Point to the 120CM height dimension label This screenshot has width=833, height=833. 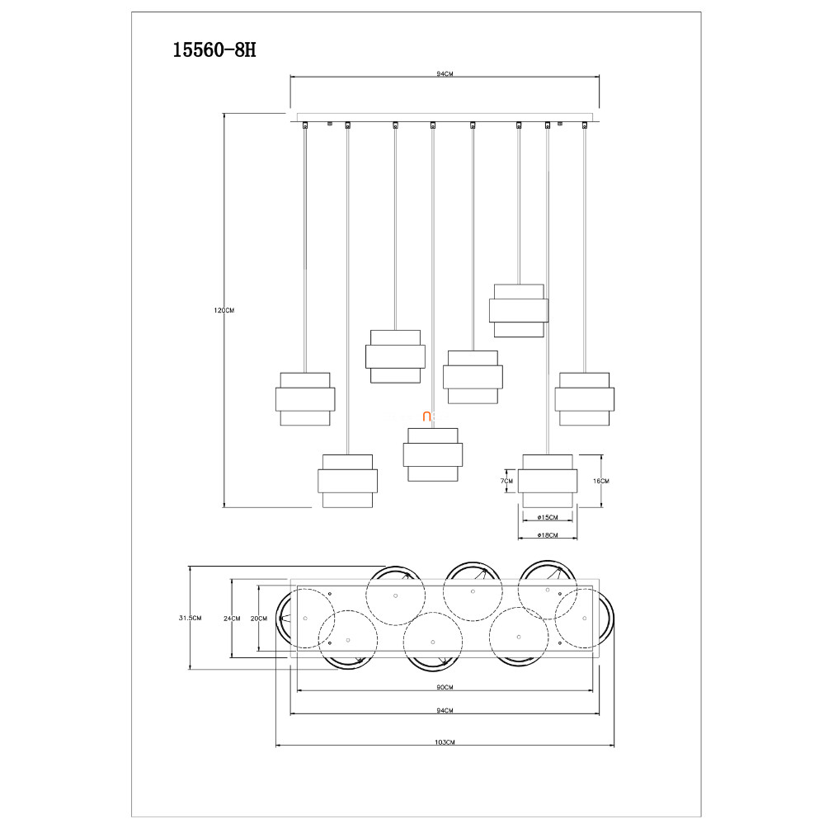[224, 310]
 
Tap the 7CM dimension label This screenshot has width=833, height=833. [506, 481]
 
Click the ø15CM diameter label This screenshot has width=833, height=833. [548, 518]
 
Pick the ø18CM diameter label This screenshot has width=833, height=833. [548, 536]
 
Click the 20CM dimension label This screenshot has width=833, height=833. [259, 618]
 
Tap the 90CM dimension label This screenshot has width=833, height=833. [445, 687]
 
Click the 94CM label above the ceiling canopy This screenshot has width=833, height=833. [445, 74]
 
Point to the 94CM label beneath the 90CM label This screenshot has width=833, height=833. [445, 711]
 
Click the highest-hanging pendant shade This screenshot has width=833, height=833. [519, 310]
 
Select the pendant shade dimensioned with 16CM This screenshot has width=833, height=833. [548, 481]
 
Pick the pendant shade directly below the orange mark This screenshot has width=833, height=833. [432, 454]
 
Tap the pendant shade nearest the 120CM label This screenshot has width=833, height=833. [305, 399]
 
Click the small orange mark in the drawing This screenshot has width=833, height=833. [428, 417]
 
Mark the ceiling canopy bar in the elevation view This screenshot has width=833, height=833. [445, 117]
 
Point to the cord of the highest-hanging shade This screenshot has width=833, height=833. [519, 206]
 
